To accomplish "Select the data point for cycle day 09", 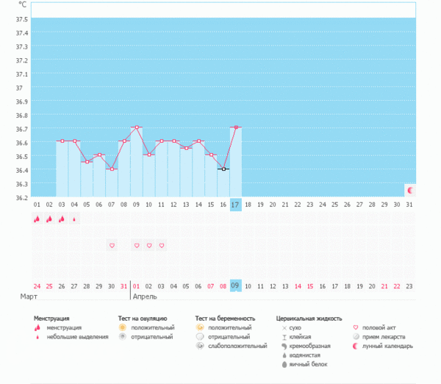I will [x=137, y=127].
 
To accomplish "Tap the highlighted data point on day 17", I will [x=235, y=127].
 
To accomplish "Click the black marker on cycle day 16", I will [x=223, y=169].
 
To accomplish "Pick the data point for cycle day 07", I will [x=112, y=169].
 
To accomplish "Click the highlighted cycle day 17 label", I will [x=235, y=204].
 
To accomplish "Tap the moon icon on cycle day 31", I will [x=410, y=191].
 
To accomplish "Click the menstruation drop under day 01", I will [x=37, y=218].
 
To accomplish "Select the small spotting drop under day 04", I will [x=74, y=218].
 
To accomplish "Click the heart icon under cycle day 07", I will [x=112, y=245].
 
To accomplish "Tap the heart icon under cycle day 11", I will [x=161, y=245].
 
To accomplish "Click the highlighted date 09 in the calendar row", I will [x=235, y=285].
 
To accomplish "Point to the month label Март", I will [x=29, y=297].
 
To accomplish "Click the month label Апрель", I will [x=145, y=297].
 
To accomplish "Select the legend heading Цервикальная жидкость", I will [x=309, y=319].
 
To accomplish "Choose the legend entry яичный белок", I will [x=306, y=364].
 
